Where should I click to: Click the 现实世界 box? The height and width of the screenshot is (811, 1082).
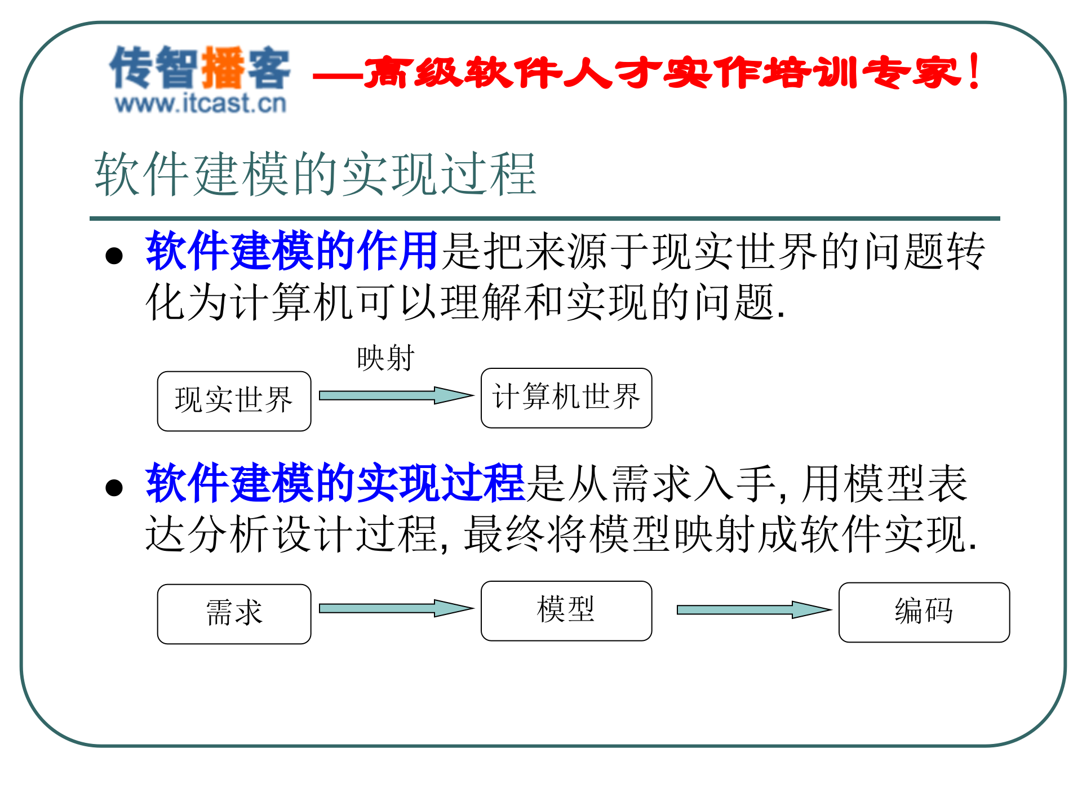click(x=234, y=401)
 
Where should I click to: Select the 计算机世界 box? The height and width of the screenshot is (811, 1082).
click(x=566, y=398)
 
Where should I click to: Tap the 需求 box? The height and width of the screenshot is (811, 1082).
click(x=234, y=613)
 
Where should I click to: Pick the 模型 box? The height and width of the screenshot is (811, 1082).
click(x=566, y=611)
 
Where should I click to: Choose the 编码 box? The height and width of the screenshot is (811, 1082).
click(x=924, y=612)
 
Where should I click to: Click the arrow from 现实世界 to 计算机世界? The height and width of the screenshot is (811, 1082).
click(x=394, y=395)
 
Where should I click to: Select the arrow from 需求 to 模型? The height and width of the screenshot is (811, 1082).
click(x=394, y=608)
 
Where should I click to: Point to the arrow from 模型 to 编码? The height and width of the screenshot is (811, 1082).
click(x=752, y=610)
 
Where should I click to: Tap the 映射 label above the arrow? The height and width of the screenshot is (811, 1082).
click(x=386, y=358)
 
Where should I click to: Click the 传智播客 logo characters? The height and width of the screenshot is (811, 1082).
click(x=200, y=68)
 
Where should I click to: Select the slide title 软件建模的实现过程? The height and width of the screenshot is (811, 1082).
click(x=316, y=175)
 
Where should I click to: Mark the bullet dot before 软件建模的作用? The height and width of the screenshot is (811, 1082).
click(x=114, y=256)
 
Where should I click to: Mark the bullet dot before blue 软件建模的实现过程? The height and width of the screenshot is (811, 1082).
click(x=114, y=488)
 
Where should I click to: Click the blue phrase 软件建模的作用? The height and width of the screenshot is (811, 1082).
click(x=291, y=251)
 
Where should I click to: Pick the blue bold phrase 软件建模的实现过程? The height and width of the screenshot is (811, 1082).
click(x=335, y=483)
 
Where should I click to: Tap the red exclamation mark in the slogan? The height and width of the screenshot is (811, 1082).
click(x=974, y=72)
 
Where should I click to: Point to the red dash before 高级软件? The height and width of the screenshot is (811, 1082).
click(x=337, y=76)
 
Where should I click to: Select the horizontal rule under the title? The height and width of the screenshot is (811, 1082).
click(x=544, y=218)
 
